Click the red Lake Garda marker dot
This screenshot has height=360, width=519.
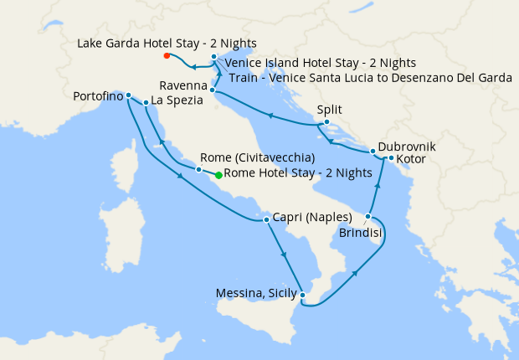(167, 56)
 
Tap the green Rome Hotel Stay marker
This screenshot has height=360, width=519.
(218, 175)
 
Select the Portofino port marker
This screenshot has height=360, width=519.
(128, 95)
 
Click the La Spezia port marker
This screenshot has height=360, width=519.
(146, 103)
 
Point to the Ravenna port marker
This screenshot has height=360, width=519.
(213, 90)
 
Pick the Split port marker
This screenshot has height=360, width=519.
(326, 124)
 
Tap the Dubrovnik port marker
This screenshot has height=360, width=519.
(374, 152)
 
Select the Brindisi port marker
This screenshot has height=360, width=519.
(368, 217)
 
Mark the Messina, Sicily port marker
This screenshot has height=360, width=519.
(303, 296)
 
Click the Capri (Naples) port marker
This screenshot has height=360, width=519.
(266, 220)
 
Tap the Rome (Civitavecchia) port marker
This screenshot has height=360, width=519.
(198, 170)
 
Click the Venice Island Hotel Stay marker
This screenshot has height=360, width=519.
(214, 57)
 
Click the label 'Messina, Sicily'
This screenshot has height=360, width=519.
(256, 293)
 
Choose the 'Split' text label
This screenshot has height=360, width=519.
(329, 110)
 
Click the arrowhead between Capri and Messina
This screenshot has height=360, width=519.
(285, 256)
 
